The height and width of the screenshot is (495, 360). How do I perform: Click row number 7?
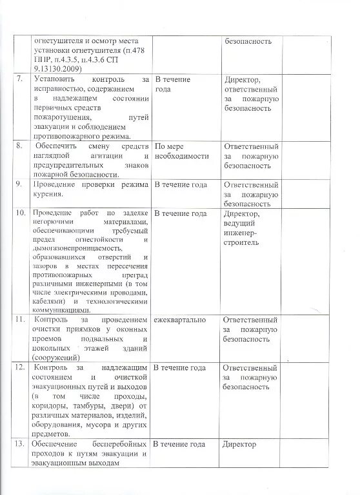tap(20, 79)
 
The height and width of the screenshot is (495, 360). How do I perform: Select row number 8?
tap(20, 146)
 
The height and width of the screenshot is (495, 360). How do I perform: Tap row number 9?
tap(20, 184)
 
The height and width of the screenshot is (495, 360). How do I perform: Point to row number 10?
tap(21, 213)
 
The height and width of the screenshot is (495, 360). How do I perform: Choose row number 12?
tap(21, 367)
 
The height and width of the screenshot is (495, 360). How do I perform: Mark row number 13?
tap(21, 444)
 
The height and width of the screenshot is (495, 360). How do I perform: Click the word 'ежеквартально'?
tap(180, 320)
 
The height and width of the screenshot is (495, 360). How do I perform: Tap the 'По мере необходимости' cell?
tap(182, 151)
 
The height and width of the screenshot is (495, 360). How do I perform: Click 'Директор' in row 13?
tap(239, 444)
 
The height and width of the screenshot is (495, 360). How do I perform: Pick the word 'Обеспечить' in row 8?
tap(59, 146)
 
